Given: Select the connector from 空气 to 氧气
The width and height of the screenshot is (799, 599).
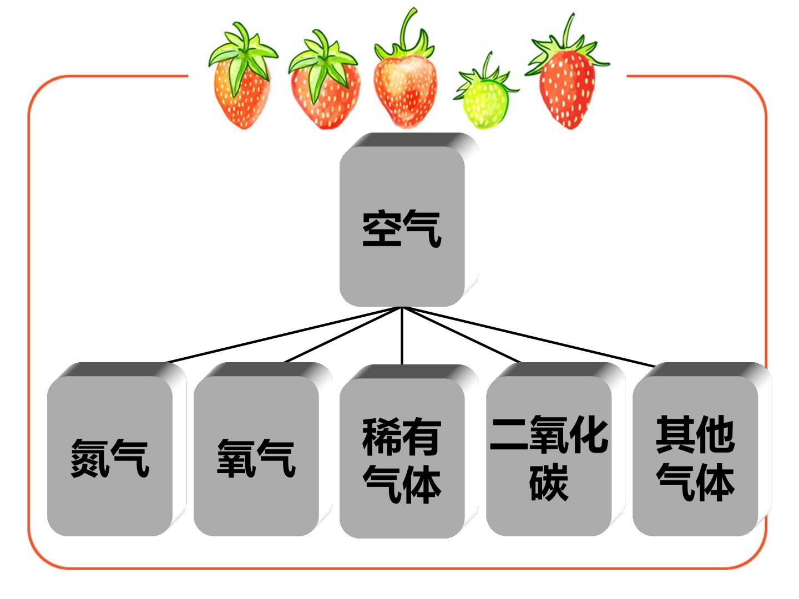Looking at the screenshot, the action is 343,334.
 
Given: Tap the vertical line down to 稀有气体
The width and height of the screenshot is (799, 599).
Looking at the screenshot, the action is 402,336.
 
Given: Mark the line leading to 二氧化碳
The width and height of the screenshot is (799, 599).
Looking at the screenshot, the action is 461,334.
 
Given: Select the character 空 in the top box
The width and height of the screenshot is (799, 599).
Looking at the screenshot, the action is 382,229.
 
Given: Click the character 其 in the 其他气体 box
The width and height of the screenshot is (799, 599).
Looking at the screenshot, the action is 675,434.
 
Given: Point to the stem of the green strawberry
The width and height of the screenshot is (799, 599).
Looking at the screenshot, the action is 487,64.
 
